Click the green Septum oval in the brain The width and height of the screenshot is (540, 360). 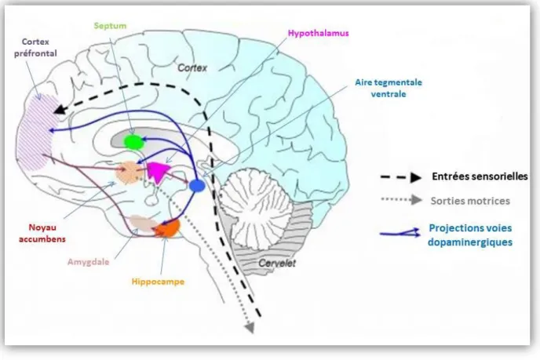(x=133, y=142)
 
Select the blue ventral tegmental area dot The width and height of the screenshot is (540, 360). (x=197, y=186)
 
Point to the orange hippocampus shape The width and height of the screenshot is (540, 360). (x=169, y=227)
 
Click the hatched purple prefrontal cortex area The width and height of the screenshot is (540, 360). (x=35, y=133)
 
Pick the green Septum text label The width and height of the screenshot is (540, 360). (x=110, y=26)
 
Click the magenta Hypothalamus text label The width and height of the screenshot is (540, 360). (x=318, y=34)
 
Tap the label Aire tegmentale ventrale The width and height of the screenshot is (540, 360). (x=389, y=88)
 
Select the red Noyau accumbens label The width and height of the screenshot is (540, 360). (x=42, y=233)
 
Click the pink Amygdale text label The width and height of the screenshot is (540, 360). (x=88, y=262)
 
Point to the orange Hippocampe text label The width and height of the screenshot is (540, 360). (x=158, y=282)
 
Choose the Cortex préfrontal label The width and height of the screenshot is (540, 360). (x=35, y=48)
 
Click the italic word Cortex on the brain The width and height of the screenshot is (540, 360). (x=192, y=67)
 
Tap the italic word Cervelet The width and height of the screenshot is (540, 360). (x=277, y=264)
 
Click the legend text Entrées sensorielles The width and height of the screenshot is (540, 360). (x=480, y=176)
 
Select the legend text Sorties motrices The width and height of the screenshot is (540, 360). (x=470, y=201)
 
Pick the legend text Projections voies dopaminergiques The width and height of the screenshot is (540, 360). (x=470, y=235)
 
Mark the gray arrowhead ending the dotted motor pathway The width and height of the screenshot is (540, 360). (x=250, y=327)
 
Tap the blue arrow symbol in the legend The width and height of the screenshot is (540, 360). (x=400, y=233)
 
